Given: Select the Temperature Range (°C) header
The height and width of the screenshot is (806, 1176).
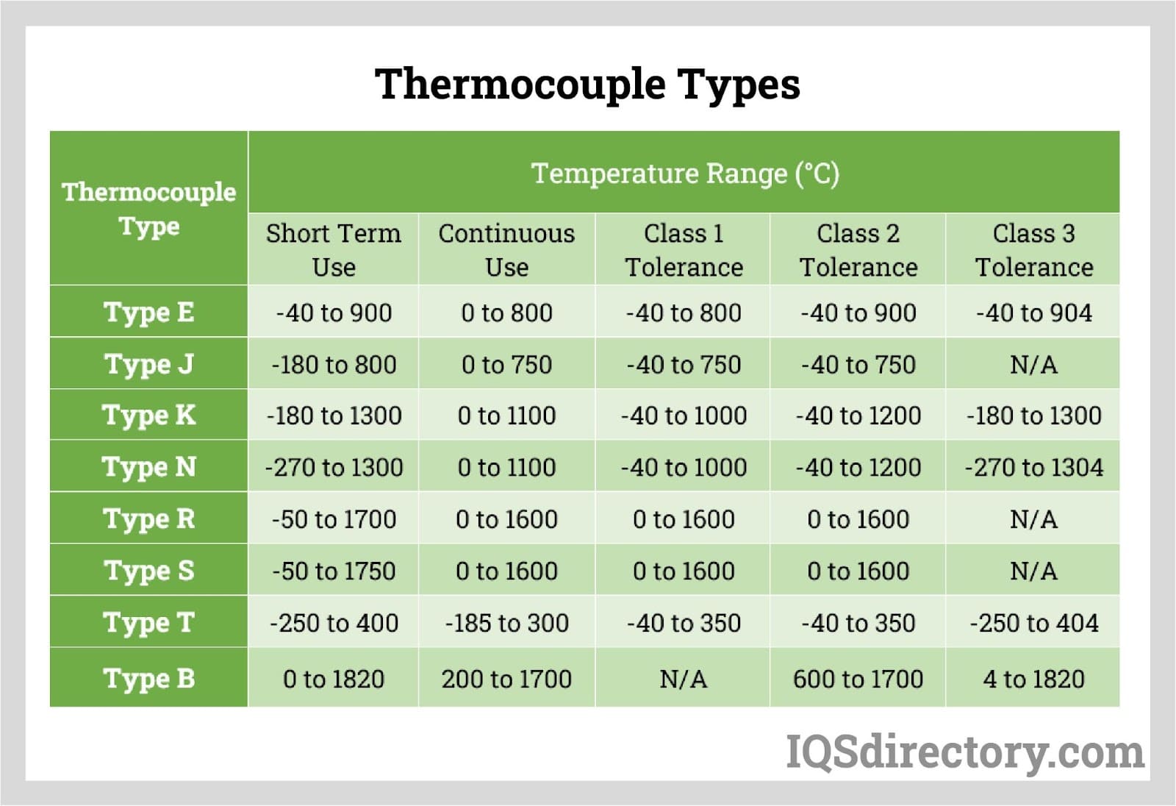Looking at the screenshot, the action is [684, 174].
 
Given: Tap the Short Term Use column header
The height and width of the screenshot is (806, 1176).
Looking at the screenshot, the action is [334, 250].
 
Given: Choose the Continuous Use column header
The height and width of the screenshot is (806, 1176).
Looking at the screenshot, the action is [506, 250].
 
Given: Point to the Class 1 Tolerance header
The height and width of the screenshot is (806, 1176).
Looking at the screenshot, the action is [684, 250].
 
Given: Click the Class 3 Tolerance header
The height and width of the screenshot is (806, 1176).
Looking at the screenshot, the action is [1033, 250].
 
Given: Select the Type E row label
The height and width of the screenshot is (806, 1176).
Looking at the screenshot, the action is [149, 312].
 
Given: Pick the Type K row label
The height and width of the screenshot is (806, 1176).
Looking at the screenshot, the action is [149, 415].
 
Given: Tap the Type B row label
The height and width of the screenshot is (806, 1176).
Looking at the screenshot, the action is [149, 678].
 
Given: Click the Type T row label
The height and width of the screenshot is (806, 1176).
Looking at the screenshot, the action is [149, 622].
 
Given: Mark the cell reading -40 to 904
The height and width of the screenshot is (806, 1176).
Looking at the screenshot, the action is [1033, 313].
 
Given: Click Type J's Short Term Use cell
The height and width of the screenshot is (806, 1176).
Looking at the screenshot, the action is [334, 364].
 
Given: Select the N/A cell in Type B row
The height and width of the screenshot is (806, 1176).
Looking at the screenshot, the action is [684, 679].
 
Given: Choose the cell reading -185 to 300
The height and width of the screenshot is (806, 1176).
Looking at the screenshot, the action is [506, 623].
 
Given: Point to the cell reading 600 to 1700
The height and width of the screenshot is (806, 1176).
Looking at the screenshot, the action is [858, 679].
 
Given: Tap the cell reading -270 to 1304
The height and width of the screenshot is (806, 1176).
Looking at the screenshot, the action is [1033, 467].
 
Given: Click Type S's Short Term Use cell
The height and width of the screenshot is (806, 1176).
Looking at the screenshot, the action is [334, 571].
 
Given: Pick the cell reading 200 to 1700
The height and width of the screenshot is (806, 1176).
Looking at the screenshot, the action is [506, 679].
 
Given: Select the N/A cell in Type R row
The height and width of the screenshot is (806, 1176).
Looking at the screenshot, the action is [1033, 519].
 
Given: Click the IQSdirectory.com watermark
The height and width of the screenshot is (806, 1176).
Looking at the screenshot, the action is [965, 752].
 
